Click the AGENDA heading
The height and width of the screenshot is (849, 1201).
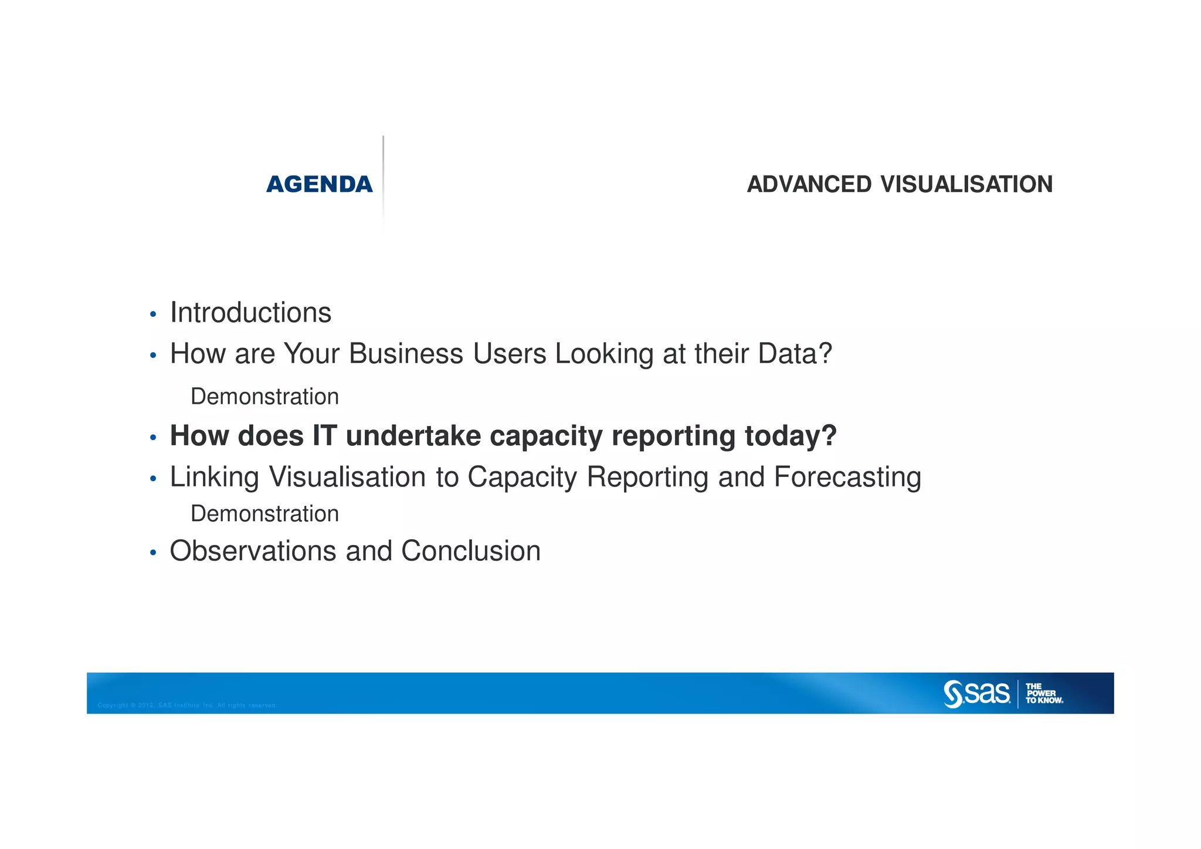click(x=319, y=184)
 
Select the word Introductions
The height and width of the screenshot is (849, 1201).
click(x=250, y=313)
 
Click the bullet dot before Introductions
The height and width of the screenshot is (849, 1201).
click(x=153, y=315)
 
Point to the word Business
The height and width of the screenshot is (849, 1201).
click(x=406, y=354)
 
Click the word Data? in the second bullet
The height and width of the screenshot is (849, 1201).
click(x=795, y=354)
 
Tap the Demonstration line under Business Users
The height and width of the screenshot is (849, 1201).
click(x=264, y=397)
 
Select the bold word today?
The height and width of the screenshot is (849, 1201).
click(x=790, y=436)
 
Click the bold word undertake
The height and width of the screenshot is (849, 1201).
click(x=413, y=436)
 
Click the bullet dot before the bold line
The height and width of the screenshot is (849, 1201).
click(x=153, y=438)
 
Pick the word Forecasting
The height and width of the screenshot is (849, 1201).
click(x=847, y=477)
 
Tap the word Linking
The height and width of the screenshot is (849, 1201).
click(x=214, y=477)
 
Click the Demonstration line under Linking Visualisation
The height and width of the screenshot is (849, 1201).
click(x=264, y=514)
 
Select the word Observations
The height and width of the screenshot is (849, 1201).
click(x=252, y=551)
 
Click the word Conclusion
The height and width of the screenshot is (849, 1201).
click(x=470, y=551)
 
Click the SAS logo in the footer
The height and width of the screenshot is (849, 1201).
click(x=976, y=694)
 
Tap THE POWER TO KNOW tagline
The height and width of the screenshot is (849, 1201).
click(x=1043, y=694)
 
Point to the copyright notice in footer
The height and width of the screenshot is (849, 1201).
click(x=187, y=705)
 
